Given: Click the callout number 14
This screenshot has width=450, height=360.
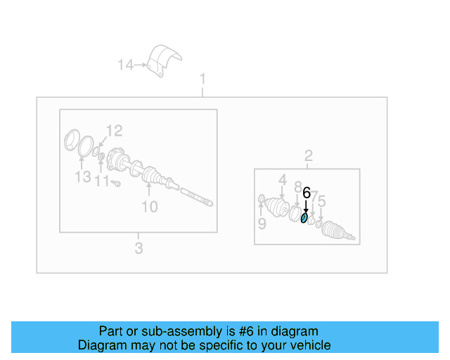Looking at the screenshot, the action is pos(125,65).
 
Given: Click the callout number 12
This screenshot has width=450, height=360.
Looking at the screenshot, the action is pos(114,130).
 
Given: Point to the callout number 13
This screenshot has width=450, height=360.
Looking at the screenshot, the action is pos(83,176).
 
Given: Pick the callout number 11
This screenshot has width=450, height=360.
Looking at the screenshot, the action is pos(103,182).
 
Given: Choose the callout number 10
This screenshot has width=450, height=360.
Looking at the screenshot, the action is pos(150,207).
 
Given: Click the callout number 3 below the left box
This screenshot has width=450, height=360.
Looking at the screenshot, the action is pos(139,247).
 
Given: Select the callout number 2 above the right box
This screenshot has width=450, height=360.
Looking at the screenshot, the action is pos(308,156).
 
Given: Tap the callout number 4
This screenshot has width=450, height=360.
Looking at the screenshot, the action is pos(282,180).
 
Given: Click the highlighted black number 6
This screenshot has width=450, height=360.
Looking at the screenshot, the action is pos(306,193).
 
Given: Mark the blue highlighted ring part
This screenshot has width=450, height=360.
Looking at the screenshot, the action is pos(304,218).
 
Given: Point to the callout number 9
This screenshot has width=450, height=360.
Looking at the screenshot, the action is pos(262,224).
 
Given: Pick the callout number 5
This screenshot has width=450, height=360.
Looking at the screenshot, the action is pos(321,202).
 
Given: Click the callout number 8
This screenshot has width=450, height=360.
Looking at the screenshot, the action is pos(297,186).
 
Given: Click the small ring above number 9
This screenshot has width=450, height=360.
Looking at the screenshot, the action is pos(262,199).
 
